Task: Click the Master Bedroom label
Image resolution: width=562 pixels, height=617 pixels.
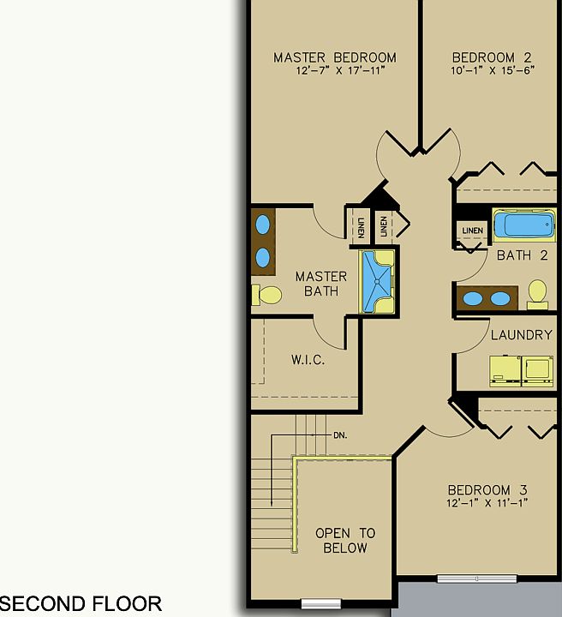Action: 334,57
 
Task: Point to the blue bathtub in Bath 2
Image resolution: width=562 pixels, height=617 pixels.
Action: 523,226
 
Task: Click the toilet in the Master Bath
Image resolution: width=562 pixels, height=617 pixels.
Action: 267,295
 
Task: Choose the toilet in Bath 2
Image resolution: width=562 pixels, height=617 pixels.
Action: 538,293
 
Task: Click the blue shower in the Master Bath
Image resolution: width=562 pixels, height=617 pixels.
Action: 376,281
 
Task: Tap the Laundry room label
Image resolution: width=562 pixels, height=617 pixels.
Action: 521,334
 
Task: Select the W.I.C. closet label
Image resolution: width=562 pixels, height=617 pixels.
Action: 308,360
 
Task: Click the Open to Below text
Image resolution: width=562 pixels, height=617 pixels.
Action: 344,541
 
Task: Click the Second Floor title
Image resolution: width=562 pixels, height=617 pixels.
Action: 81,604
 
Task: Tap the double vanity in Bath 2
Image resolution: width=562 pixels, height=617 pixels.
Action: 486,299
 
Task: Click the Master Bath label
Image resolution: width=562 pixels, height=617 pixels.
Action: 321,284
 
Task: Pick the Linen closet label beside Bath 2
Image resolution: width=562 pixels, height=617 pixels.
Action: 472,231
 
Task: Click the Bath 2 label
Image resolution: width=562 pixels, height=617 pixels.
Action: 522,255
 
